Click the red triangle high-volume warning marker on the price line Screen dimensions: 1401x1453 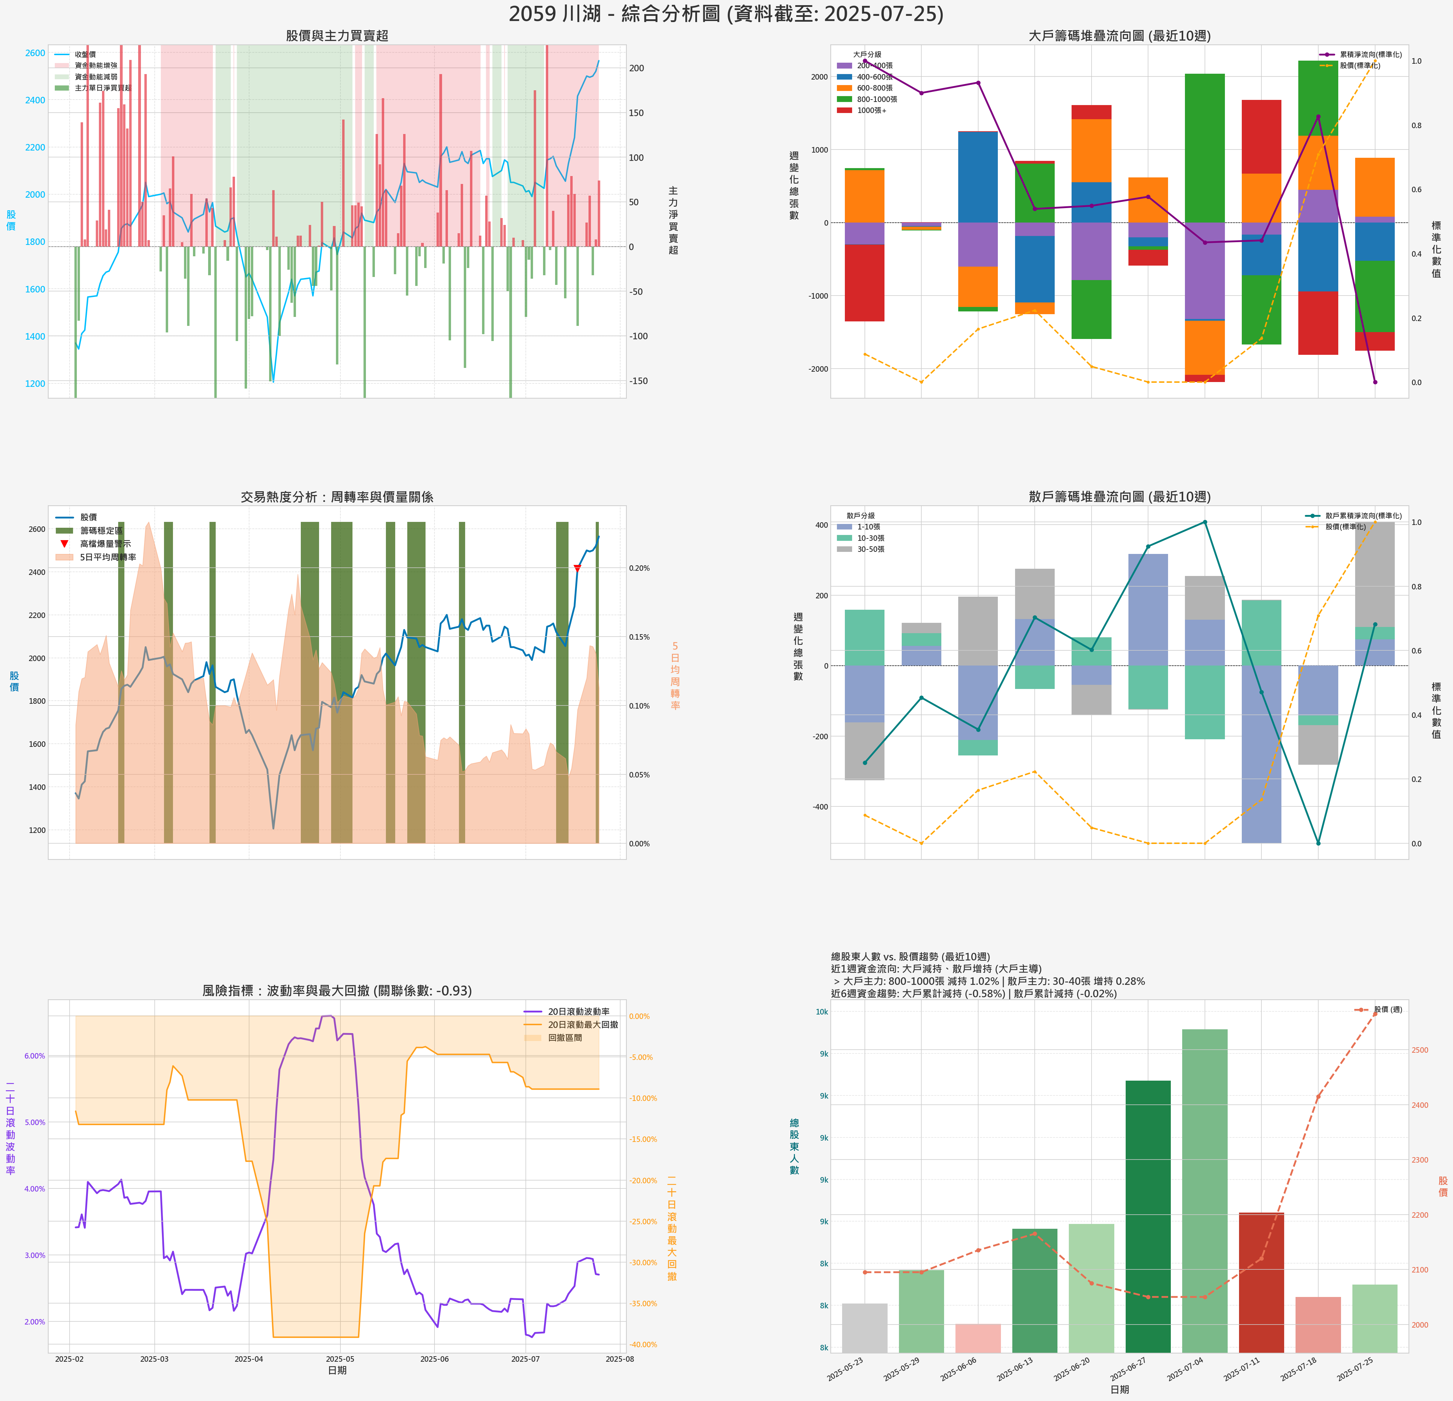click(x=577, y=568)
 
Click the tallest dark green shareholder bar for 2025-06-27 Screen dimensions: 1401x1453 click(x=1148, y=1216)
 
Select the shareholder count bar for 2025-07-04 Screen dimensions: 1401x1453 click(x=1205, y=1190)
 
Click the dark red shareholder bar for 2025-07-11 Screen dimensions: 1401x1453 click(x=1261, y=1282)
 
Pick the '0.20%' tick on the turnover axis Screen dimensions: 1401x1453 click(x=639, y=568)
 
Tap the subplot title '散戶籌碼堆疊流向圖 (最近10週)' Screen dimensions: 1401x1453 click(x=1119, y=497)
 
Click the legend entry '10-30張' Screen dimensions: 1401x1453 click(x=870, y=538)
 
